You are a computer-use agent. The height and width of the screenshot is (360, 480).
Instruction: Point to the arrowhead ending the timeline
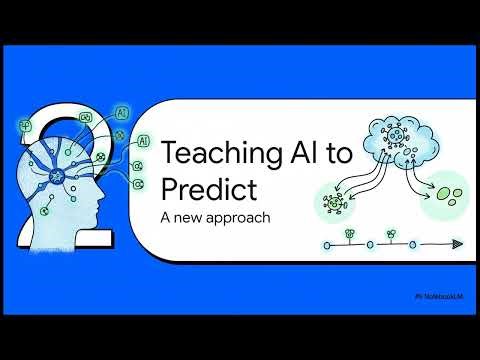[x=457, y=243]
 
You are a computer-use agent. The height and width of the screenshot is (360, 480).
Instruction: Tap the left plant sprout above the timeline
[x=349, y=232]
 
